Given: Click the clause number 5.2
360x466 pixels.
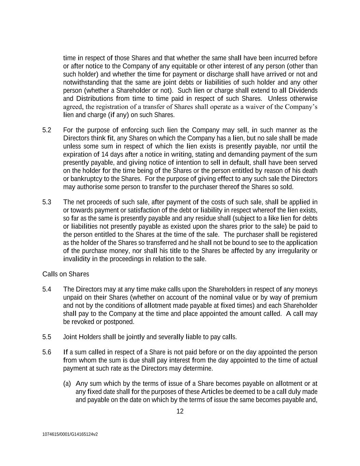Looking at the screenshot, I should pyautogui.click(x=47, y=130).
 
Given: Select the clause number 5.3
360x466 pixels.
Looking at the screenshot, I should pyautogui.click(x=47, y=202).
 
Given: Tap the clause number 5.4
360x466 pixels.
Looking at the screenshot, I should pyautogui.click(x=47, y=290).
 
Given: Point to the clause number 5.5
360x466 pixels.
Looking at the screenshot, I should pyautogui.click(x=47, y=337).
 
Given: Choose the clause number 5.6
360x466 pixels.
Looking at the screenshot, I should pyautogui.click(x=47, y=352).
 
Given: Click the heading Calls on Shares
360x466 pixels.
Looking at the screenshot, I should pyautogui.click(x=66, y=274).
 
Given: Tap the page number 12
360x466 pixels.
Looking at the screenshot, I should pyautogui.click(x=180, y=411).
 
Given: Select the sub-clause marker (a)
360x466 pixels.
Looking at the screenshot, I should pyautogui.click(x=67, y=384).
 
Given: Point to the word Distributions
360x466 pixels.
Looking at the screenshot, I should pyautogui.click(x=92, y=99).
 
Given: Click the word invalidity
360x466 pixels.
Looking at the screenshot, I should pyautogui.click(x=76, y=259).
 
